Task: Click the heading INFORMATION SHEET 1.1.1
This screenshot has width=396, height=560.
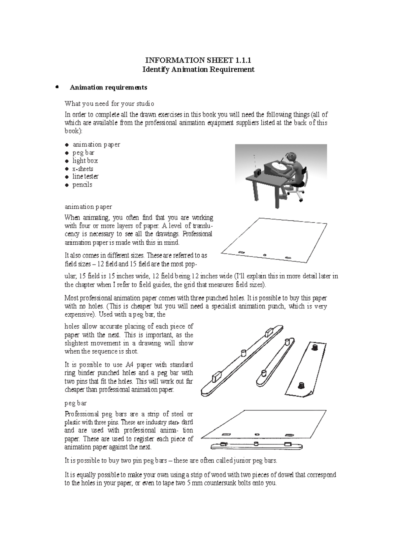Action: [x=198, y=60]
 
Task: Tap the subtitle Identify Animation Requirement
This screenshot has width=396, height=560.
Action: [x=198, y=69]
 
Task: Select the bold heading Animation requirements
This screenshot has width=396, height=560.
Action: [x=108, y=87]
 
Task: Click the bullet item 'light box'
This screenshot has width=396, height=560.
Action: [x=85, y=161]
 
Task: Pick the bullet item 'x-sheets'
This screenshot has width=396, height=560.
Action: [x=82, y=169]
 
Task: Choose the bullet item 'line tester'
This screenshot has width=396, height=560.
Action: [x=85, y=177]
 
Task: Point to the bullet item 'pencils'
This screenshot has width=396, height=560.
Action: [x=82, y=185]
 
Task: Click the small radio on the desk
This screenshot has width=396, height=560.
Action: [x=258, y=172]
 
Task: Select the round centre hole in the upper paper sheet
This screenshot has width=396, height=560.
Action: [x=265, y=255]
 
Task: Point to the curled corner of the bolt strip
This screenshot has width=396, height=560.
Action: [x=309, y=394]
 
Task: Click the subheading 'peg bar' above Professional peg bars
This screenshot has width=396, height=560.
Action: [x=76, y=403]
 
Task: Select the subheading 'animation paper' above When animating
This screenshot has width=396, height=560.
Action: [x=88, y=207]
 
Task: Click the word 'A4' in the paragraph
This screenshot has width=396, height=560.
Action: [x=129, y=365]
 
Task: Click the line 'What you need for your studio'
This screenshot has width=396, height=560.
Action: [x=109, y=104]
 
